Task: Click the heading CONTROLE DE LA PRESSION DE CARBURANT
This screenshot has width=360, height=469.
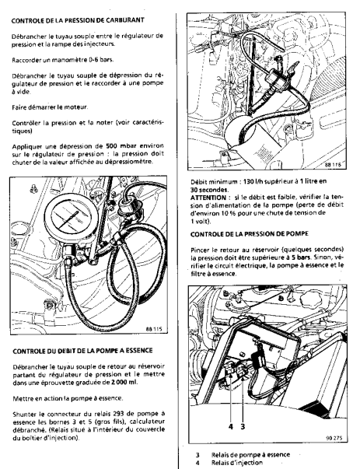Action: click(x=78, y=20)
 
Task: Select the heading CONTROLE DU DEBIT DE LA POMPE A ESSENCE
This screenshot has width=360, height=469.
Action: click(x=82, y=351)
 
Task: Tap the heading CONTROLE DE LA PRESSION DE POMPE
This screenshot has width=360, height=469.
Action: click(x=249, y=233)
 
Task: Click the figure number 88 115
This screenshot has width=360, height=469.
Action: click(x=154, y=329)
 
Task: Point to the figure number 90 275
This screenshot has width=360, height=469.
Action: click(x=334, y=438)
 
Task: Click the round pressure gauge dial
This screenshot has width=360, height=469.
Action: click(x=71, y=217)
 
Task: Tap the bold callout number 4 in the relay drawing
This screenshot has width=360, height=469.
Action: click(x=230, y=426)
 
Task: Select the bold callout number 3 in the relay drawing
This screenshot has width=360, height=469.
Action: click(x=243, y=426)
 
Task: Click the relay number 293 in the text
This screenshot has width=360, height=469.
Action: click(x=119, y=414)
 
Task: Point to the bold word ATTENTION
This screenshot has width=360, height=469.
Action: click(x=208, y=198)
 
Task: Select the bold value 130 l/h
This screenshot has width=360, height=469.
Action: click(x=253, y=181)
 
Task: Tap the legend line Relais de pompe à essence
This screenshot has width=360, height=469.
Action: click(x=250, y=455)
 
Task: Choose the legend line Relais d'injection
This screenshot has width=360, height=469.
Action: click(x=237, y=463)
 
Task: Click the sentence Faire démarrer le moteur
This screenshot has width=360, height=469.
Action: click(x=50, y=107)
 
